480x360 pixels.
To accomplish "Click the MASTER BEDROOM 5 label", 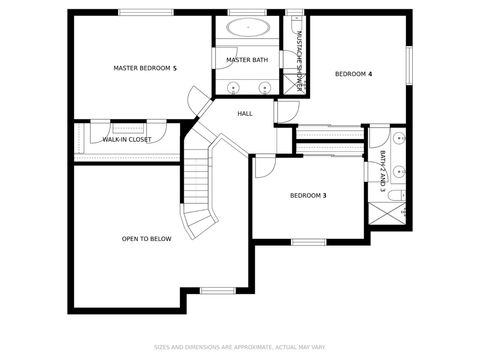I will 145,68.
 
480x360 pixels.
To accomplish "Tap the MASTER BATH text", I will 246,60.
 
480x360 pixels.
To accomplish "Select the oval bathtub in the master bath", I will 246,28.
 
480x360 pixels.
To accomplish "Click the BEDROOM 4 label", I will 353,74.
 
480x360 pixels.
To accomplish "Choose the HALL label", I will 245,114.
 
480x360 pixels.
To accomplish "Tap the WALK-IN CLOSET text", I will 127,140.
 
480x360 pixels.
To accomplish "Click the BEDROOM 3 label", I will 308,196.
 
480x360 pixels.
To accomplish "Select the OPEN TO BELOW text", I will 147,239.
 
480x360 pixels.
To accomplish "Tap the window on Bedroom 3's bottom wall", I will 308,241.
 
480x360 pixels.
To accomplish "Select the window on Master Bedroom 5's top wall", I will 140,13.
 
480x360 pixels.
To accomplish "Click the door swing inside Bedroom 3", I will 263,165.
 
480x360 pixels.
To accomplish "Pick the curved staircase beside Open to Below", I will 200,190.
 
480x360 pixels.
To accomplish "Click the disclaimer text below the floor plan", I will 240,348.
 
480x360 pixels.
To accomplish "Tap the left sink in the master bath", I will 233,87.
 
